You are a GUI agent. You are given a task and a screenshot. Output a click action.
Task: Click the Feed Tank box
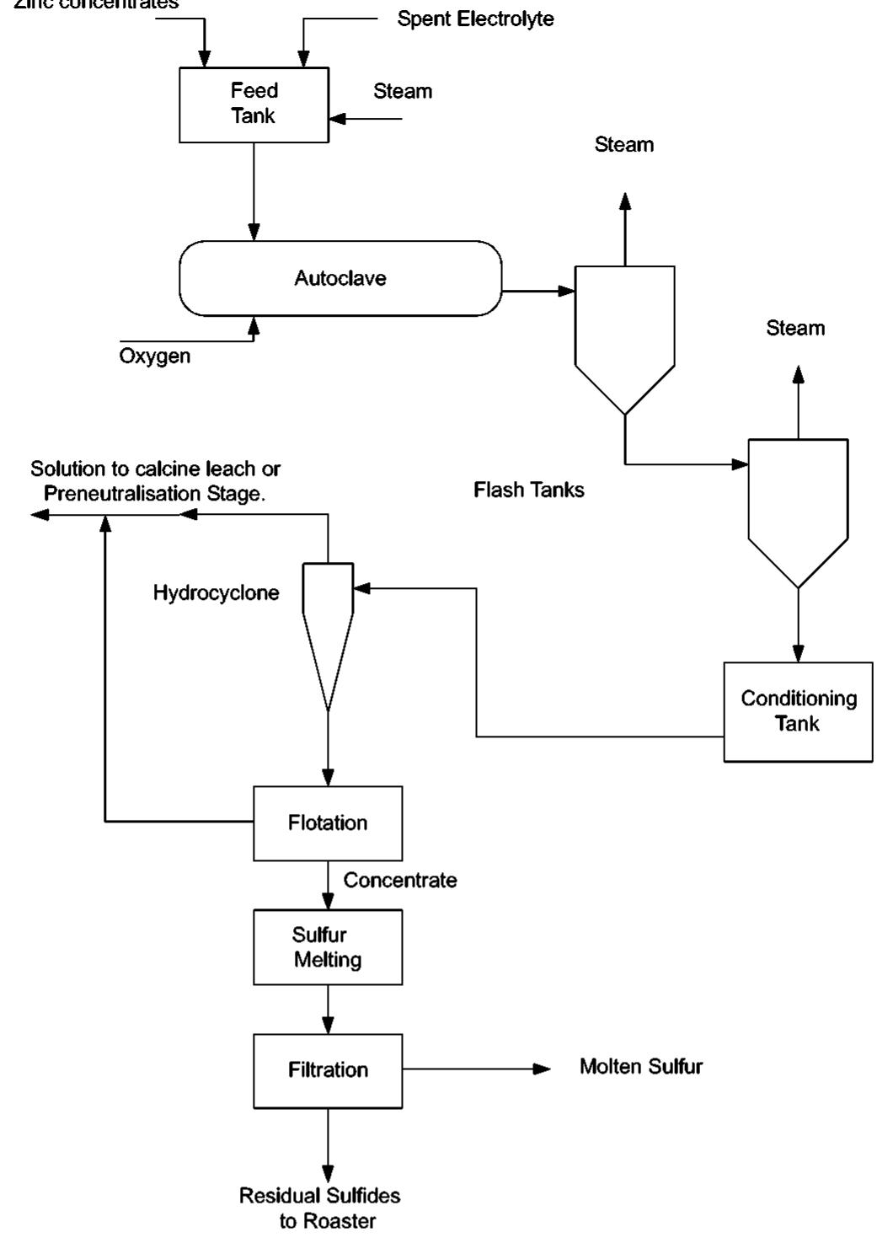click(x=254, y=104)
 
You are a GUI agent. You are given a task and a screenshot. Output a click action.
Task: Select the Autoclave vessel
click(x=340, y=278)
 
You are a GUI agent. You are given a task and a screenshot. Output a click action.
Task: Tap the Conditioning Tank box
click(x=797, y=711)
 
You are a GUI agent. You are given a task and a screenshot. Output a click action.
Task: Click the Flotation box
click(x=328, y=822)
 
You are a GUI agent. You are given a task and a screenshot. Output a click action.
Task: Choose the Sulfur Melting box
click(x=328, y=947)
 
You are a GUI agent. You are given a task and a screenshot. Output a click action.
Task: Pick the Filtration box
click(x=328, y=1070)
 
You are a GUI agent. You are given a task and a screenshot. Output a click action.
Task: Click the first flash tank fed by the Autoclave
click(x=624, y=329)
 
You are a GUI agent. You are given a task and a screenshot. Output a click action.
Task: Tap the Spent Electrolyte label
click(x=475, y=19)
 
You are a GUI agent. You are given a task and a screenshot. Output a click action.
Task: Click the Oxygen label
click(x=154, y=356)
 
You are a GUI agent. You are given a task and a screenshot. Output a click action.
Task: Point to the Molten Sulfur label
click(x=640, y=1067)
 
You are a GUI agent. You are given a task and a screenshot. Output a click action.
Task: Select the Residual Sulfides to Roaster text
click(x=320, y=1208)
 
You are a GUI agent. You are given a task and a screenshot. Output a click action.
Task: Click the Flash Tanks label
click(x=528, y=490)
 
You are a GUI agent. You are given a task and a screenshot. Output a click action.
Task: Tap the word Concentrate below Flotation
click(x=400, y=881)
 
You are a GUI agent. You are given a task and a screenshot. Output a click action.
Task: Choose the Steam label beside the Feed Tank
click(x=403, y=91)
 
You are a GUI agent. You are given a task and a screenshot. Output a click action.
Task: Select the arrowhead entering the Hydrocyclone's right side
click(x=361, y=588)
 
